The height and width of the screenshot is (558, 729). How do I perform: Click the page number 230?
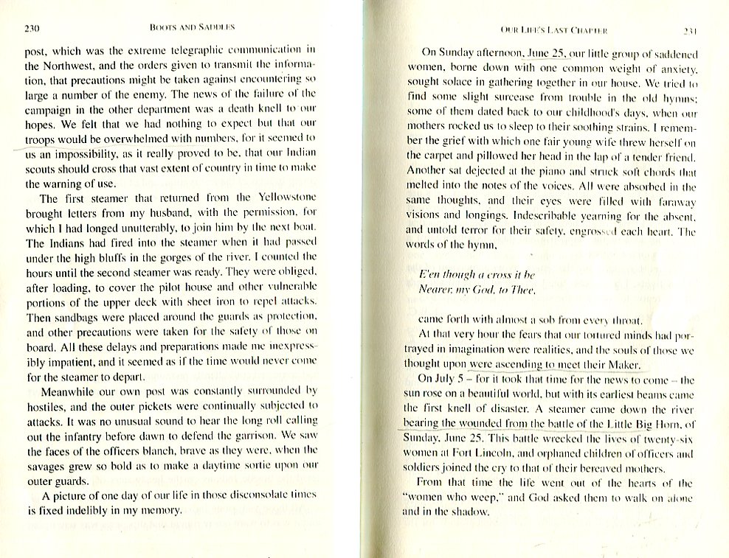pos(31,29)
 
